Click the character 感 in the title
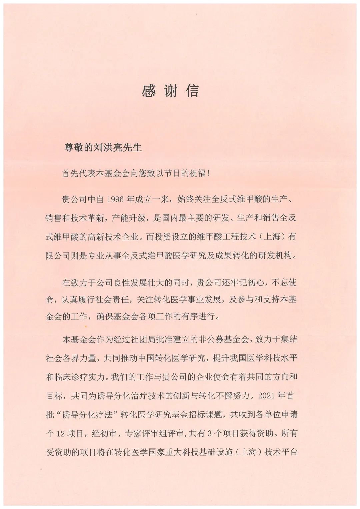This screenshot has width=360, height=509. [148, 91]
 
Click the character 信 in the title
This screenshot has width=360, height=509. [192, 91]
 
